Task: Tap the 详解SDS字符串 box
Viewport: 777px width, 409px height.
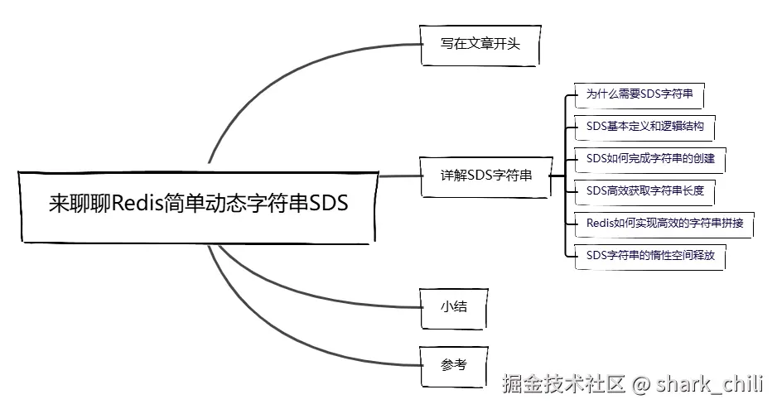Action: click(485, 176)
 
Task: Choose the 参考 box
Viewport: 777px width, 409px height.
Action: click(453, 363)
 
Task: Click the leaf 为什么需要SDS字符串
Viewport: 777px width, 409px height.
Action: click(639, 95)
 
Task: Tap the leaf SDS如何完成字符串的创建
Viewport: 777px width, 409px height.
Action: click(649, 158)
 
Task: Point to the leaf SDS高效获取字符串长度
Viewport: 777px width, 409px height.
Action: click(644, 190)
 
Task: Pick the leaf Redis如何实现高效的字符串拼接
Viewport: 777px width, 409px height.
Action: click(664, 223)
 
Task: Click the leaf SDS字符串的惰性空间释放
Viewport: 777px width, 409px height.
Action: click(649, 255)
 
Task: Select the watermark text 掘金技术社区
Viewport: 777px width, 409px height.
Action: click(563, 384)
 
